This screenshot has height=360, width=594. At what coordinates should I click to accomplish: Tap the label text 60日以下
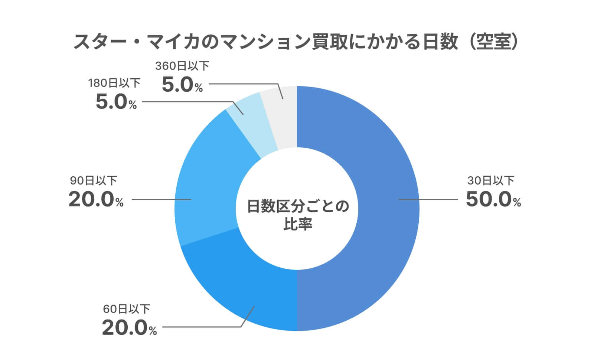click(x=127, y=309)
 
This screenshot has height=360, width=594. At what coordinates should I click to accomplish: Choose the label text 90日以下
click(x=94, y=181)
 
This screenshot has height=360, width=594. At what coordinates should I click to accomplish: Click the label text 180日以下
click(x=114, y=83)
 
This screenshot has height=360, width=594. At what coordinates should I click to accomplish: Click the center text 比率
click(x=297, y=224)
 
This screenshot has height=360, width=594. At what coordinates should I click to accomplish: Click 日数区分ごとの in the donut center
click(x=297, y=206)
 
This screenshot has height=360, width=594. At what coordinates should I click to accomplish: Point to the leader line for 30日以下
click(x=427, y=199)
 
